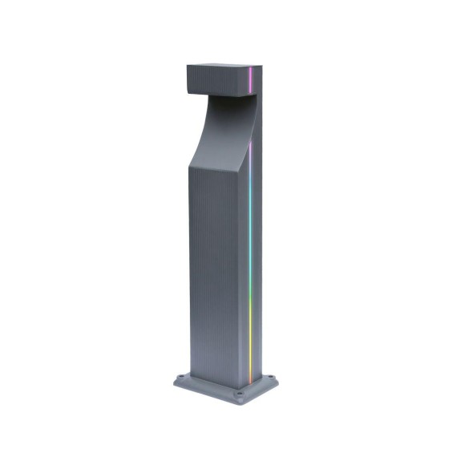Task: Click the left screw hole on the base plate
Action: click(x=187, y=373)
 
